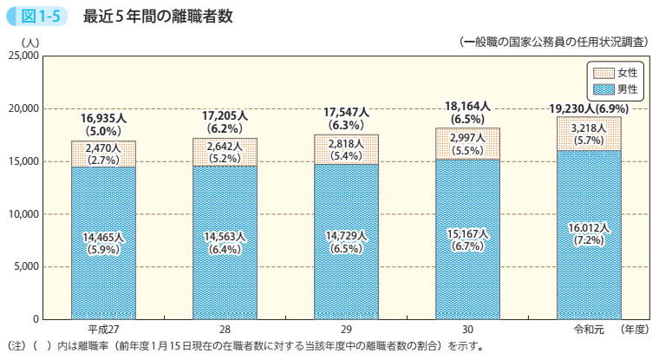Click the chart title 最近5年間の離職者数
click(x=158, y=16)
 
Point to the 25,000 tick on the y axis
click(x=22, y=56)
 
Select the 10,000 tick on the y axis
click(x=22, y=213)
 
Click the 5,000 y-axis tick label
click(x=24, y=266)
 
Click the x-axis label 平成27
click(x=103, y=331)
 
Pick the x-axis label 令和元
click(x=590, y=331)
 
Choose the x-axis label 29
click(x=346, y=331)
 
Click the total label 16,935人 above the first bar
click(x=103, y=117)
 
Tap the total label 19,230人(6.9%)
click(x=589, y=108)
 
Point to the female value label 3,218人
click(x=589, y=127)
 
